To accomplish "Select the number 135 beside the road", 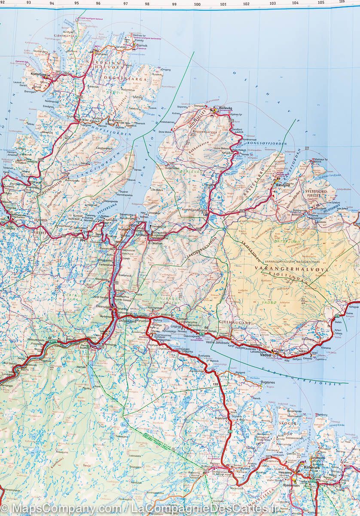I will [x=215, y=384].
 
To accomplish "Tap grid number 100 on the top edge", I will [x=197, y=5].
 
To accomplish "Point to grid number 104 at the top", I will [x=295, y=3].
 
